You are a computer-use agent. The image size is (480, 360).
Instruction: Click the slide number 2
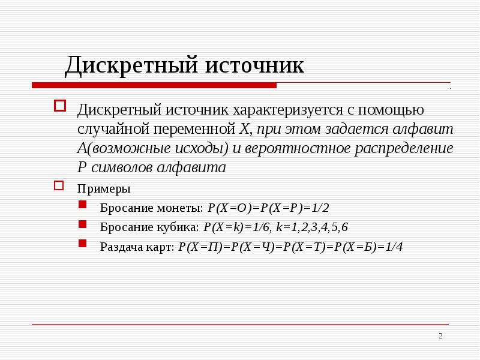click(x=440, y=335)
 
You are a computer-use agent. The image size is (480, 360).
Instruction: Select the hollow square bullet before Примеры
click(x=59, y=185)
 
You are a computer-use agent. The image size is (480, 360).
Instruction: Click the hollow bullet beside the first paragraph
click(x=59, y=106)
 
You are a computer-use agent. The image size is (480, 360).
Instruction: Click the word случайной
click(x=112, y=128)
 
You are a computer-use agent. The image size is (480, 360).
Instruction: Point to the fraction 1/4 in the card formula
click(x=393, y=246)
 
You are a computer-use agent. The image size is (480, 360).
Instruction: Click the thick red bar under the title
click(x=154, y=85)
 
